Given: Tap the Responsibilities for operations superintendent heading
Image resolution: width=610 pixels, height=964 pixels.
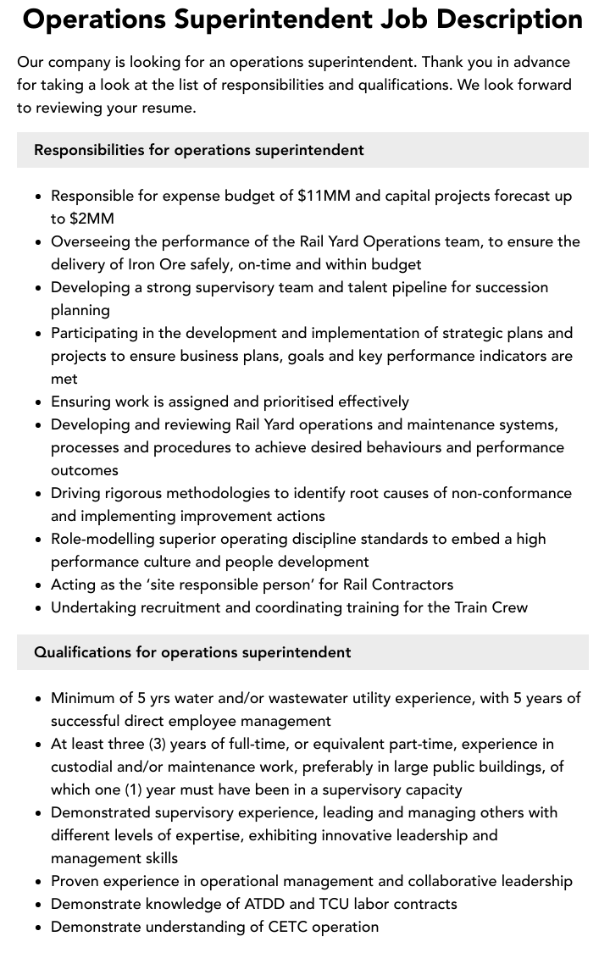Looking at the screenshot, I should (x=199, y=150).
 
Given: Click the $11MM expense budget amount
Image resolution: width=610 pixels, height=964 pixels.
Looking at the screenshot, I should (x=324, y=196).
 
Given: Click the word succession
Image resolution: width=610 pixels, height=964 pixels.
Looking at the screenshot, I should (x=512, y=287).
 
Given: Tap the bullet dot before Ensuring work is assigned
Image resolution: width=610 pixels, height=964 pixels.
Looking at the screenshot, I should (x=38, y=402).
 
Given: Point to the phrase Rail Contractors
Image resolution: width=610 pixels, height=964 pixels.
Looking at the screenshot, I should (x=397, y=584).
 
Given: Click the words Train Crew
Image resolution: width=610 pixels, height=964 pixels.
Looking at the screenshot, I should (x=491, y=607).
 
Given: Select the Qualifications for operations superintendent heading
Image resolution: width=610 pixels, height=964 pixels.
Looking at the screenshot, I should (x=192, y=652).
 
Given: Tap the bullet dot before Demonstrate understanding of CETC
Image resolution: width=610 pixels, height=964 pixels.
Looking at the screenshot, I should (x=38, y=928).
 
